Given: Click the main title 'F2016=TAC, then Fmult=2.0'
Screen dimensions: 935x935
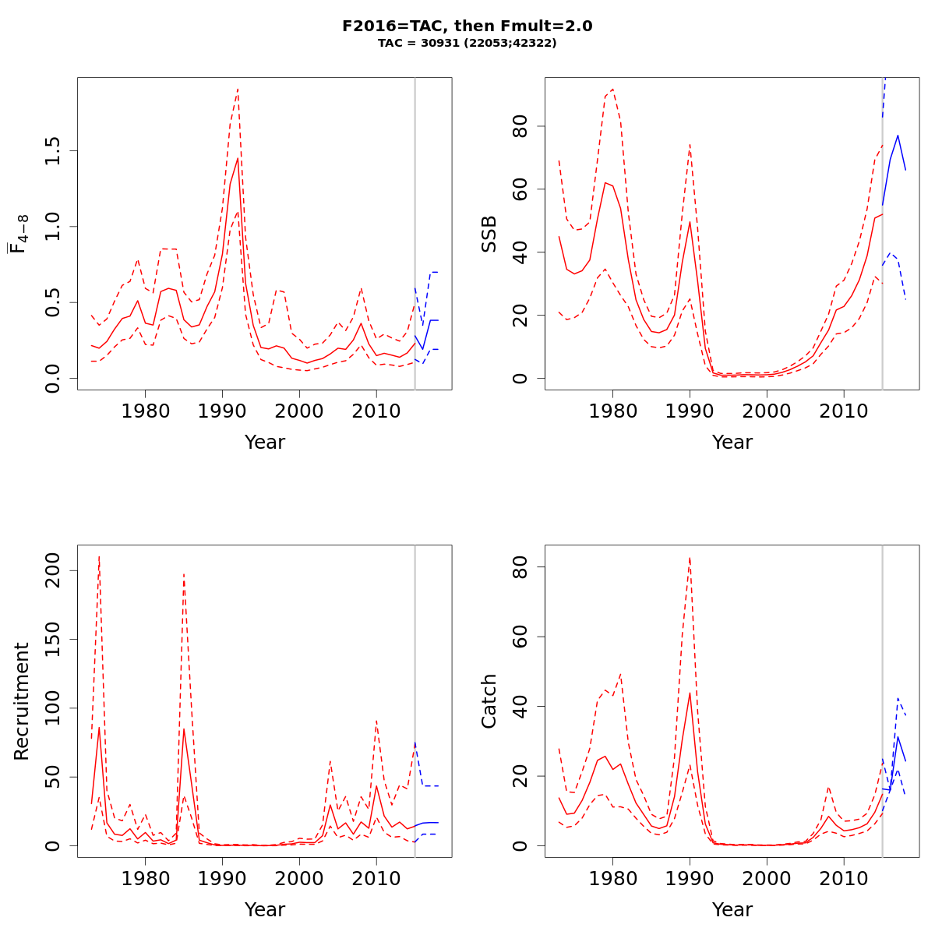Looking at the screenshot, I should pos(467,26).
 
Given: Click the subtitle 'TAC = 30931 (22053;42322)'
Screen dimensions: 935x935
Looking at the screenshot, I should pos(467,44).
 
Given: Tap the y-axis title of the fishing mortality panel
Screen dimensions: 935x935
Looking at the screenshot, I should pos(20,235).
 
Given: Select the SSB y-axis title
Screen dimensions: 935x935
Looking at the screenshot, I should pos(489,234).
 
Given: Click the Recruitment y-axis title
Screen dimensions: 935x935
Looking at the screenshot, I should pos(21,701).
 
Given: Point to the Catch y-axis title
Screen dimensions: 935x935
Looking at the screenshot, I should pos(489,701).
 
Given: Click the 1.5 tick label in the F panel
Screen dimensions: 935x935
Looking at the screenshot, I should pos(52,151).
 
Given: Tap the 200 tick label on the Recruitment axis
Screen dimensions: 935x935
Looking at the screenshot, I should pos(52,570).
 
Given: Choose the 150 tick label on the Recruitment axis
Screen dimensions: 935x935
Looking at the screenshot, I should pos(52,639).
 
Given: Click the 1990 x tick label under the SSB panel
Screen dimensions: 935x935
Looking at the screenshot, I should pos(690,410).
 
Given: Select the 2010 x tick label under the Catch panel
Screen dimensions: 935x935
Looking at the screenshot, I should pos(844,877).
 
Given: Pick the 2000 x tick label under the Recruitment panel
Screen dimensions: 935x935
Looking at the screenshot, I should pos(299,877).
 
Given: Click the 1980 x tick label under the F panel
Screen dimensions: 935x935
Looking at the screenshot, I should pos(146,410).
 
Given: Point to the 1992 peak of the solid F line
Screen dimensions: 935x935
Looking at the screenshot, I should pos(238,158).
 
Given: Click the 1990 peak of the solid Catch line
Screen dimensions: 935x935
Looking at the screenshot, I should pos(690,693).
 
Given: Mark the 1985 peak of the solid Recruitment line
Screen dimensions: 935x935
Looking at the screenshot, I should pos(184,729).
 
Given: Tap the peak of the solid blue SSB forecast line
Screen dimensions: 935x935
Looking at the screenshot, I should pos(898,136).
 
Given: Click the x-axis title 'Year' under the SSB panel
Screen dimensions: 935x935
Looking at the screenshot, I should pos(732,443).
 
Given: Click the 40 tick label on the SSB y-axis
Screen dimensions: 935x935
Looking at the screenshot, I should pos(520,252).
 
